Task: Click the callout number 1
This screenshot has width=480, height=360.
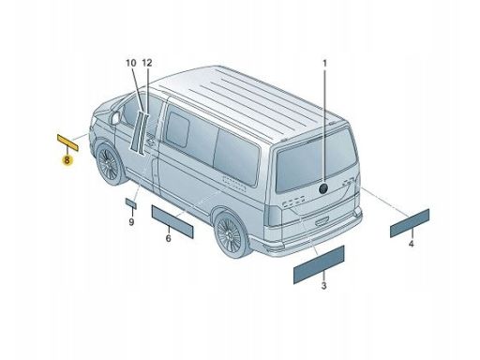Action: [x=324, y=64]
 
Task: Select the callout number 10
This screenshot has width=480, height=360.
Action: [x=131, y=63]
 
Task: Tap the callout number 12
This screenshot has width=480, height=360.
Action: [x=147, y=63]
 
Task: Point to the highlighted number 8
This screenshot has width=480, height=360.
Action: [x=67, y=160]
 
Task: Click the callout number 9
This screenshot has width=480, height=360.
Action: [x=131, y=222]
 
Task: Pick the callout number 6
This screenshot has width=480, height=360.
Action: [x=169, y=238]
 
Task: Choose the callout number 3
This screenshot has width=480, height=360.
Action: [x=324, y=285]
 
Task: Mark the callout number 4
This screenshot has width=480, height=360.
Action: [x=412, y=244]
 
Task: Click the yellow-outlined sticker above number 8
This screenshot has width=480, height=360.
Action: [x=67, y=142]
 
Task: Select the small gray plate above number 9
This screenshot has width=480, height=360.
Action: [x=131, y=203]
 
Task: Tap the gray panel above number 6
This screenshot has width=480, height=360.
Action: [x=172, y=221]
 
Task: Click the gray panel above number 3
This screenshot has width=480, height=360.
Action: [x=319, y=264]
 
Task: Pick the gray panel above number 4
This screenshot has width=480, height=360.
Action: [x=410, y=223]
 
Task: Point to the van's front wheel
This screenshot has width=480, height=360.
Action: [x=109, y=164]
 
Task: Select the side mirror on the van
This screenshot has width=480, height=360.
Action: [x=114, y=118]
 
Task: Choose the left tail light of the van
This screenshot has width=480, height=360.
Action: [x=273, y=216]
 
